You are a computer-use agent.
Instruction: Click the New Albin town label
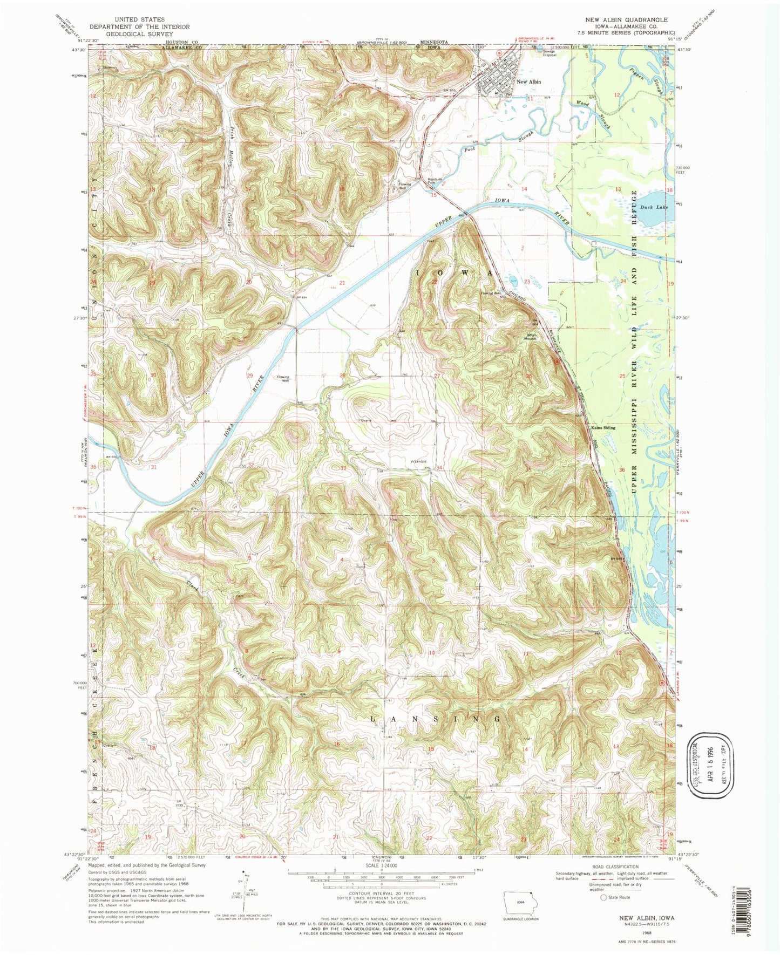(x=528, y=82)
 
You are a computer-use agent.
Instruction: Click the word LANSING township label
(x=437, y=719)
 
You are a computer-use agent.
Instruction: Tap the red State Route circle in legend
(x=603, y=898)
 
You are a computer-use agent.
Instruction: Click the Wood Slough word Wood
(x=581, y=103)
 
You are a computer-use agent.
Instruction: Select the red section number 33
(x=343, y=468)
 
